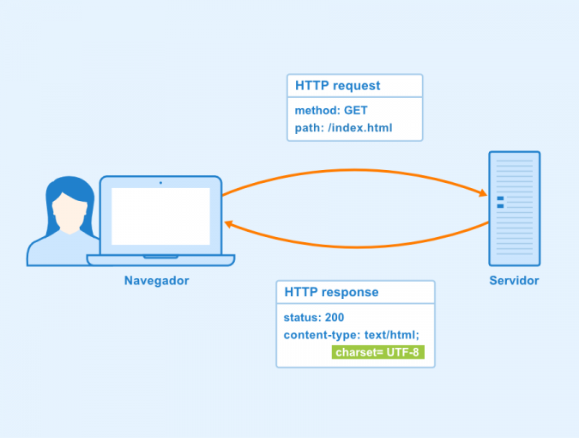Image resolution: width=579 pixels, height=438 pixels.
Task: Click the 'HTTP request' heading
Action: [337, 86]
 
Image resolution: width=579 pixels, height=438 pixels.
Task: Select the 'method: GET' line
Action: [331, 111]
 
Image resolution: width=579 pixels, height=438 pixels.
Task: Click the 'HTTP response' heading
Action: [331, 292]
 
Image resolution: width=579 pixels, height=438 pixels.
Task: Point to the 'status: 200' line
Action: [314, 318]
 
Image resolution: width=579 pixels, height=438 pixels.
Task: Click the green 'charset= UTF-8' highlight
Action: [377, 353]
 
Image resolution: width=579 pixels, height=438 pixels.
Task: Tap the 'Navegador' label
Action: [156, 281]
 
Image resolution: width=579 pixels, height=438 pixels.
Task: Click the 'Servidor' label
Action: [514, 281]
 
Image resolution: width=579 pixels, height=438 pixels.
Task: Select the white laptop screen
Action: [160, 216]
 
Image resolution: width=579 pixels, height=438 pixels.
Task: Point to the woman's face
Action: [68, 214]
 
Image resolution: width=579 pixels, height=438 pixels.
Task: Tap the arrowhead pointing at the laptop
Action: [230, 223]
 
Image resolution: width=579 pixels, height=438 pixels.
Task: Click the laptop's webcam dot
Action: [160, 182]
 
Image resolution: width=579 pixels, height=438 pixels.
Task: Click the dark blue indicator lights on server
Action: [500, 202]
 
